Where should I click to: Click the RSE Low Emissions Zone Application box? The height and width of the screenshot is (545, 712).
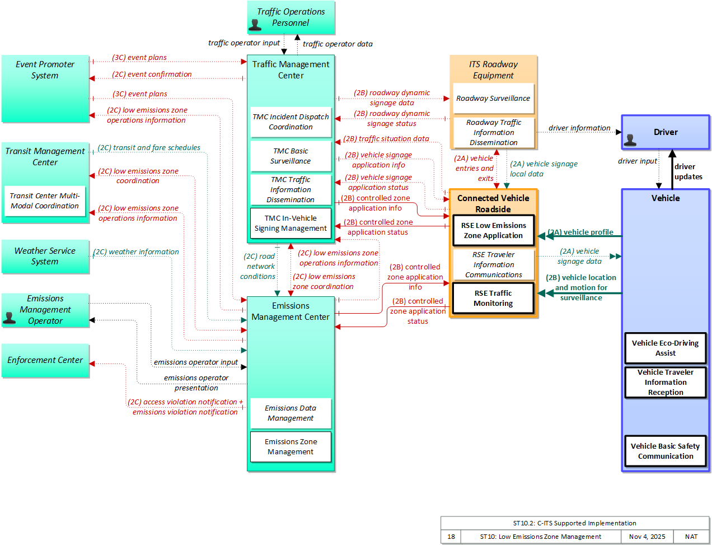(493, 230)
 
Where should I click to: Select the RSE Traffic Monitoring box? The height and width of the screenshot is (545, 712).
(493, 298)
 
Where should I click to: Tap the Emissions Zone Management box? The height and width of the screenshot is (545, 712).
(291, 446)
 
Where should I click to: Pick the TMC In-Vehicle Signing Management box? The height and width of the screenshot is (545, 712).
(291, 223)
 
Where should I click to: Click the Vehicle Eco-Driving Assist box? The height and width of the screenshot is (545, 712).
(666, 348)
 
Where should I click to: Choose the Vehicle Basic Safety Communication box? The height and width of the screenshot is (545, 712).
(666, 451)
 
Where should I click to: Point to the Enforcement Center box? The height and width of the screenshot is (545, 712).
(45, 360)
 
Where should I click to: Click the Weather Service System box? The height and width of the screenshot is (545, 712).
(45, 257)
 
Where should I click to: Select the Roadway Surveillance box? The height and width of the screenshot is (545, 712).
(493, 99)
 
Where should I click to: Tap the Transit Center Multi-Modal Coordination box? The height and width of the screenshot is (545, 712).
(45, 201)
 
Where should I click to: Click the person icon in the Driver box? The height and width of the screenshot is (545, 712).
(630, 140)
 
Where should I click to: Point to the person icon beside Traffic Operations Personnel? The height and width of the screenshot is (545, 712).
(255, 25)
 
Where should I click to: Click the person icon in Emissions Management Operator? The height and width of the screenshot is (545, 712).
(9, 318)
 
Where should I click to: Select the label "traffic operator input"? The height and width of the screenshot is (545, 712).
(244, 43)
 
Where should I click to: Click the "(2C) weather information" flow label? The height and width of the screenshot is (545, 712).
(136, 251)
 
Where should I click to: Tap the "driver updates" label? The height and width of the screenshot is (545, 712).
(688, 171)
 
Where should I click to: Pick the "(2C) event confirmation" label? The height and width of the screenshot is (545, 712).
(152, 74)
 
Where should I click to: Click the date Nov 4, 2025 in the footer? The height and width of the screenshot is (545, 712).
(647, 537)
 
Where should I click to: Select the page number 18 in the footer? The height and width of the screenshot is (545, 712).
(451, 537)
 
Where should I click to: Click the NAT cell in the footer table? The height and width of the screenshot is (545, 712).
(691, 537)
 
